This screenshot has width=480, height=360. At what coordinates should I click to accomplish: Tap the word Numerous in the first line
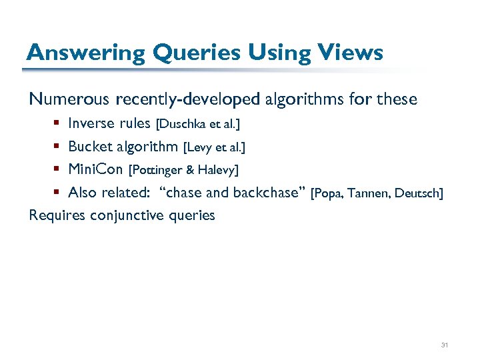pos(69,100)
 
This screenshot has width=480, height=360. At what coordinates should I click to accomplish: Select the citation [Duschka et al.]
pos(197,124)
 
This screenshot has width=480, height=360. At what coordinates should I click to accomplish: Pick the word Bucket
pos(89,146)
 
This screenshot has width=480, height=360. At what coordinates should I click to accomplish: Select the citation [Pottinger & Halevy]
pos(183,170)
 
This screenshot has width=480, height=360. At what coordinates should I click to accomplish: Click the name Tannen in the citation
pos(367,193)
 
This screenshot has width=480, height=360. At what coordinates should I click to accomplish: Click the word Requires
pos(57,215)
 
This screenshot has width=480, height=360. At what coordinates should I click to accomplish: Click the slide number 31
pos(445,345)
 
